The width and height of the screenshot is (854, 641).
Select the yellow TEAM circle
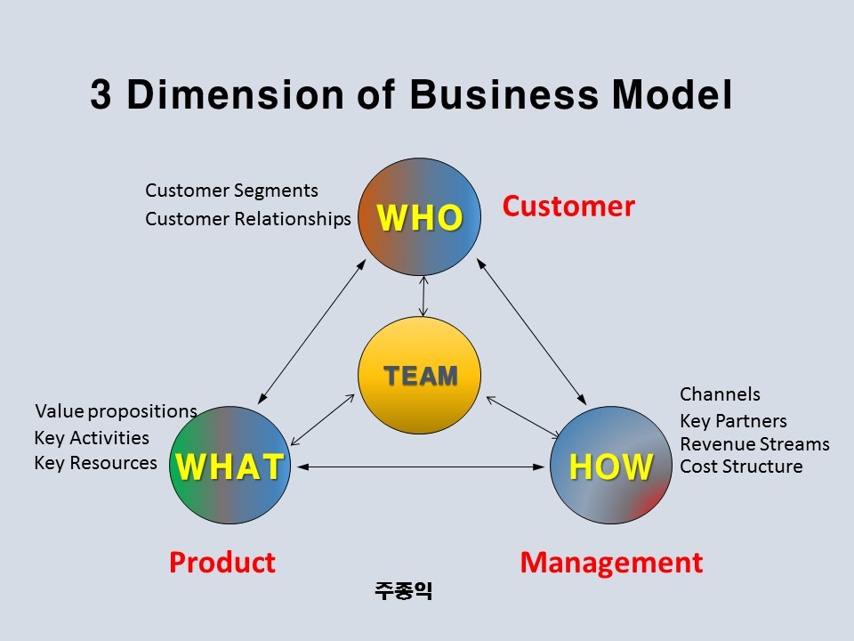(x=420, y=376)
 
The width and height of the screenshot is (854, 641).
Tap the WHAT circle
(x=230, y=465)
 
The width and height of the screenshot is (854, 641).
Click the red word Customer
(x=568, y=207)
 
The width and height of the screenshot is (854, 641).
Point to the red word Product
(x=222, y=563)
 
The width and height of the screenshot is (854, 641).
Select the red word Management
(x=611, y=563)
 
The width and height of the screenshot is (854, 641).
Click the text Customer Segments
(x=231, y=191)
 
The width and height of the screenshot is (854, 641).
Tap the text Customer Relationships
(x=248, y=219)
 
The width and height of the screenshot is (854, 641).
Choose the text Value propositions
(x=116, y=411)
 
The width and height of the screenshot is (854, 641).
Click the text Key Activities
(x=92, y=438)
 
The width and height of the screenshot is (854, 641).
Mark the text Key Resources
(x=95, y=463)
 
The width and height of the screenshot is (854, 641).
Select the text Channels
(x=720, y=394)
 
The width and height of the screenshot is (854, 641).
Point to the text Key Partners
(x=733, y=421)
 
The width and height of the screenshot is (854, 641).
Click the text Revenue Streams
(x=754, y=444)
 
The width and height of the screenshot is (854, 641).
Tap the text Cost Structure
(x=741, y=467)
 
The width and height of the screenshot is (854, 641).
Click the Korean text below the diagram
(x=403, y=590)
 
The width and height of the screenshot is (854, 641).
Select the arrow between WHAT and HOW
(x=421, y=466)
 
